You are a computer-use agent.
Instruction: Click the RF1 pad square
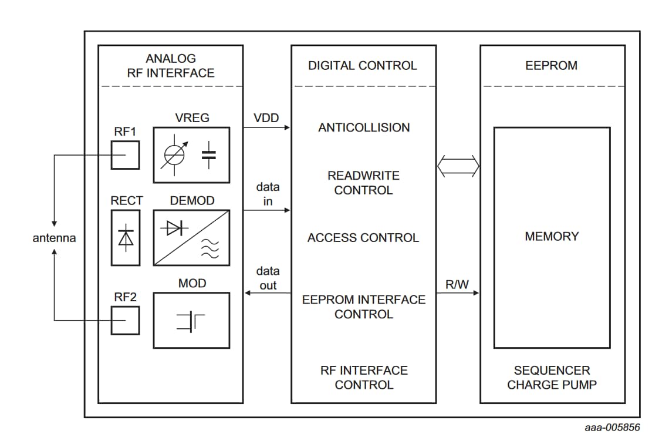coord(126,155)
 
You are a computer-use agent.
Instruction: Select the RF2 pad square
coord(126,320)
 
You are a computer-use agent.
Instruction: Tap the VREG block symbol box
coord(192,155)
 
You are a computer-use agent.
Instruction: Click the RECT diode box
coord(126,238)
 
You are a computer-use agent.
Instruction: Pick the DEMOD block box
coord(192,238)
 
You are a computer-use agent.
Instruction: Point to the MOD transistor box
coord(192,320)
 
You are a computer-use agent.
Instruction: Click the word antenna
coord(54,238)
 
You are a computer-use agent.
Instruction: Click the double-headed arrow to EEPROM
coord(458,167)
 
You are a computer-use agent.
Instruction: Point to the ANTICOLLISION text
coord(364,127)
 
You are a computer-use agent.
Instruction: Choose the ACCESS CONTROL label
coord(363,238)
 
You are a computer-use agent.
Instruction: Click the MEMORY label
coord(552,236)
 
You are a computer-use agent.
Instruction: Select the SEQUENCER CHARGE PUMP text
coord(552,378)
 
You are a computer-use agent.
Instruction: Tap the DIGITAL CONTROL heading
coord(363,65)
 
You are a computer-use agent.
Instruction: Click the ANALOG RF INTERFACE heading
coord(171,66)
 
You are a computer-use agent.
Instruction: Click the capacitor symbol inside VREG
coord(208,155)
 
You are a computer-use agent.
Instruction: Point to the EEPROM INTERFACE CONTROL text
coord(364,307)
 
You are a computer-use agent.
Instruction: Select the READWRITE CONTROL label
coord(363,183)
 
